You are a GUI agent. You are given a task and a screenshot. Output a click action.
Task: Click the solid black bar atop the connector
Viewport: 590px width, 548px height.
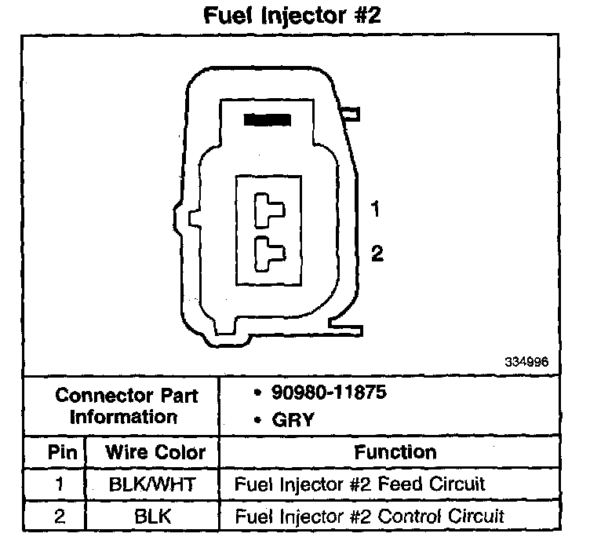(268, 120)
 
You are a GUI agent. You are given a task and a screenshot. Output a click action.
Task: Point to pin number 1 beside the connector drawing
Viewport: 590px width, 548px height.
(376, 210)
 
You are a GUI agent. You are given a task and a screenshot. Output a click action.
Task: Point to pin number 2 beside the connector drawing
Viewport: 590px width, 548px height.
(377, 253)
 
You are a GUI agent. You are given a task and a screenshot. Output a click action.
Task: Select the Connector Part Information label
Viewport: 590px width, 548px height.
(122, 405)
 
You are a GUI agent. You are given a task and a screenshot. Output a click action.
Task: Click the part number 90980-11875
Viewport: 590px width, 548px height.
(328, 393)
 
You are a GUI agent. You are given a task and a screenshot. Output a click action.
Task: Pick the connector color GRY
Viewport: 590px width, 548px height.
(293, 420)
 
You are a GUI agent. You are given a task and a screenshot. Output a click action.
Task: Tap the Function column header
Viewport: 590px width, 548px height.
(395, 452)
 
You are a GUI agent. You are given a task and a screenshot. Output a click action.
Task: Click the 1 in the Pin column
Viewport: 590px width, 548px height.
(60, 484)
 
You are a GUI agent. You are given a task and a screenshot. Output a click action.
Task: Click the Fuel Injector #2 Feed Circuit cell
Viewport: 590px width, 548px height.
(360, 484)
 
